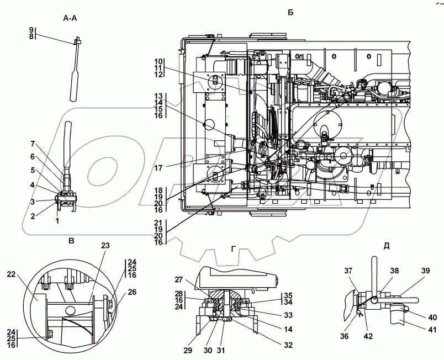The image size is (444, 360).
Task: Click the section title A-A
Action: pos(70,18)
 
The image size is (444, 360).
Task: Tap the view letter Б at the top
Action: pos(290,12)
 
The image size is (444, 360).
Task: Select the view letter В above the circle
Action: pos(72,241)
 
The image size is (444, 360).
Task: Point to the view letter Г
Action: pos(234,249)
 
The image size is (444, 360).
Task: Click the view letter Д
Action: pos(387,246)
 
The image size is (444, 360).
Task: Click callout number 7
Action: pos(33,144)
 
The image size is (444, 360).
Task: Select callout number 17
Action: pos(158,168)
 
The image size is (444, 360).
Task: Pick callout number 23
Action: pos(105,245)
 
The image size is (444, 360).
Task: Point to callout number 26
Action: pos(132,292)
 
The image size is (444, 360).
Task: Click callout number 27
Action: pos(179,279)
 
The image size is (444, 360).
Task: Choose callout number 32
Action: pos(288,345)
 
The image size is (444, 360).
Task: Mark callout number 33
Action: pos(288,315)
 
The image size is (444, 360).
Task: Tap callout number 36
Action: pos(345,336)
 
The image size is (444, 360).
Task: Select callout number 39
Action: pos(425,271)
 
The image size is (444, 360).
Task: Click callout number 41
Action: pos(432,329)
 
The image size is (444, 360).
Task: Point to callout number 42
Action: pos(368,336)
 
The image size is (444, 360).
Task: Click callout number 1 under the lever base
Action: pos(57,221)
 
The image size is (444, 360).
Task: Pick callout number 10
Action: pos(158,61)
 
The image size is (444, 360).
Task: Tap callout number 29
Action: pos(188,351)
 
